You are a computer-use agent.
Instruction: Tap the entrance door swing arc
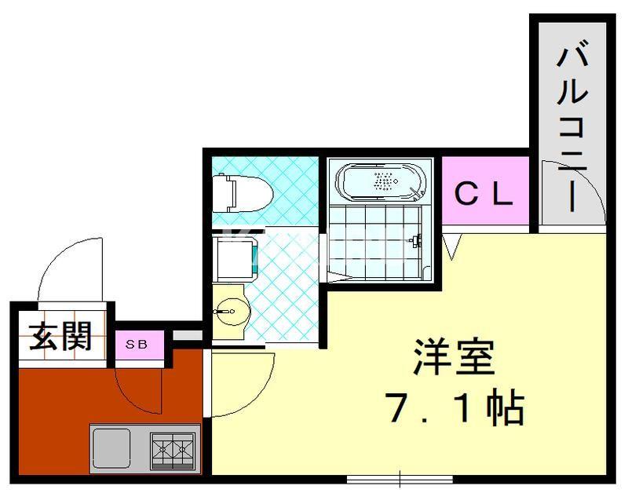pos(69,267)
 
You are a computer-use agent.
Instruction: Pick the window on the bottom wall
pos(400,477)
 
